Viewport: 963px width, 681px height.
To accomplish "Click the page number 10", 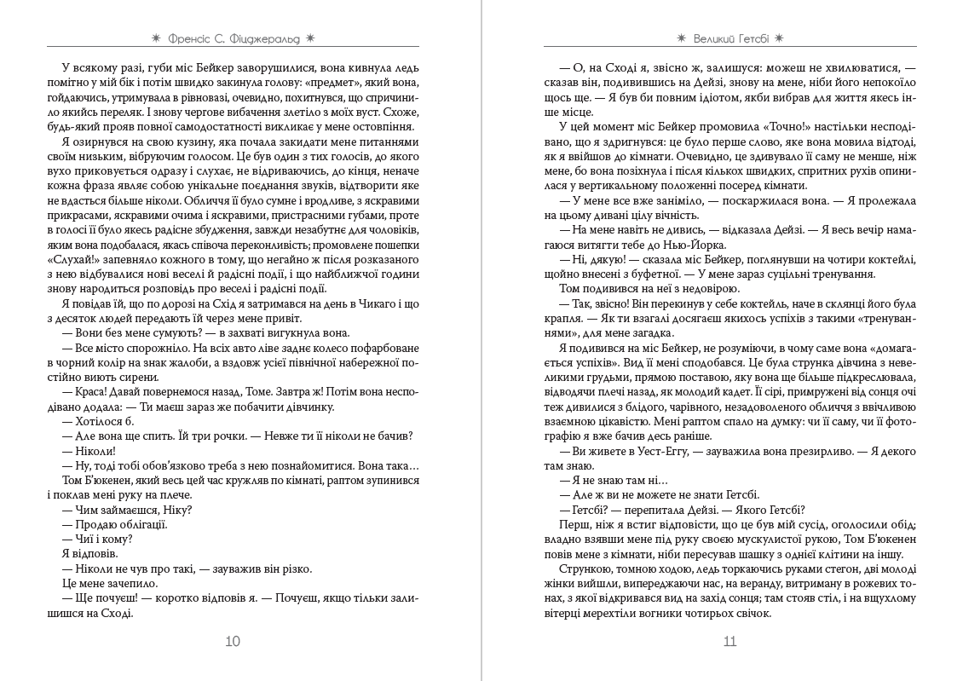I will click(x=232, y=642).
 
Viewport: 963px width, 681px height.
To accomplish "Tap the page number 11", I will click(x=729, y=642).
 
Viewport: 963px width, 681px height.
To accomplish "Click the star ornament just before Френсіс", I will click(x=154, y=38).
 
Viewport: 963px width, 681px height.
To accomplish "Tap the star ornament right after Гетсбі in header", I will click(x=779, y=38).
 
